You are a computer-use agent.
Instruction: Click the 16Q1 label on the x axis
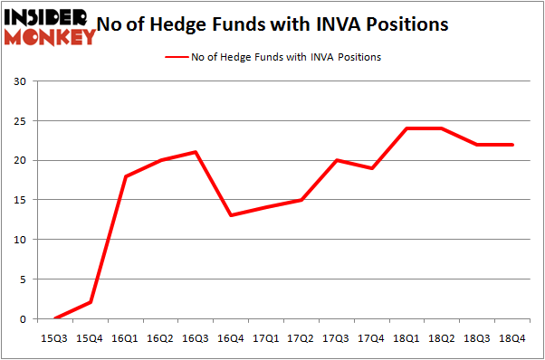(x=126, y=337)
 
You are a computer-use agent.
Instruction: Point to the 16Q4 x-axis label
(x=231, y=337)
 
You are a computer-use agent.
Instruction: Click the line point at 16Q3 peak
(x=196, y=152)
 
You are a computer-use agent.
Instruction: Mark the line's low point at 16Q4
(x=231, y=215)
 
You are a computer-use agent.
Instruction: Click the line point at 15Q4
(x=91, y=303)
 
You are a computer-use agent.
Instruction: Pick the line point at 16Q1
(x=126, y=176)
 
